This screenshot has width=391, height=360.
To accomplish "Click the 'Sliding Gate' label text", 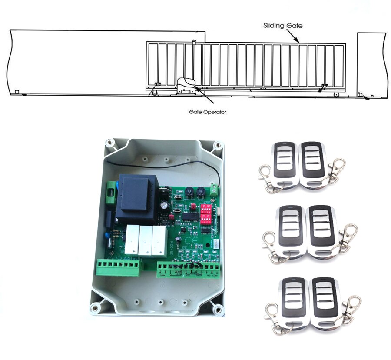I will [282, 26].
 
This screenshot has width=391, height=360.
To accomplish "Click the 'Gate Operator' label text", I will [208, 112].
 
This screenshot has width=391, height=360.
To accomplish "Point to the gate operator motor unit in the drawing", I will [186, 86].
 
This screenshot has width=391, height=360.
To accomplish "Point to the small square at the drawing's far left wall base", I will [16, 92].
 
